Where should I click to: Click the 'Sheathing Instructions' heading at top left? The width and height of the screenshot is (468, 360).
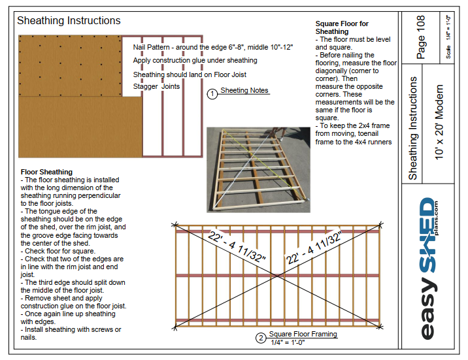[x=69, y=21]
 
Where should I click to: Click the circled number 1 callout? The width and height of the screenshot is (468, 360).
[x=212, y=94]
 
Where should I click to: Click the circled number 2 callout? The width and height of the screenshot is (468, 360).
[x=261, y=338]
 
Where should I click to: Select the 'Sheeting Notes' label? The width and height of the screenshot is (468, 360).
[x=244, y=91]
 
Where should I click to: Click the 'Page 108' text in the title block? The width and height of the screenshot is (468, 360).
[x=421, y=38]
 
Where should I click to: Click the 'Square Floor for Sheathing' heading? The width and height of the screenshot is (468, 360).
[x=341, y=27]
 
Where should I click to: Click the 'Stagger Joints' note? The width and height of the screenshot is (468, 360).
[x=156, y=86]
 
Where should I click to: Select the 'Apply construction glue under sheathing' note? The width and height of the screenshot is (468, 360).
[x=195, y=60]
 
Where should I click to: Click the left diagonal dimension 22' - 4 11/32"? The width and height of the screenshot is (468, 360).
[x=237, y=246]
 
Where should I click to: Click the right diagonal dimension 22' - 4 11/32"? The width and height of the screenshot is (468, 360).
[x=314, y=247]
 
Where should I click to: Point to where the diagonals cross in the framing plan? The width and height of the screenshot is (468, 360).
[x=278, y=275]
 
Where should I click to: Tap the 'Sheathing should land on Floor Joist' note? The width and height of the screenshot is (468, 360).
[x=190, y=74]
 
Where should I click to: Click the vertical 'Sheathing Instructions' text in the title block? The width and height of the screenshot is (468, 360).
[x=413, y=127]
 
